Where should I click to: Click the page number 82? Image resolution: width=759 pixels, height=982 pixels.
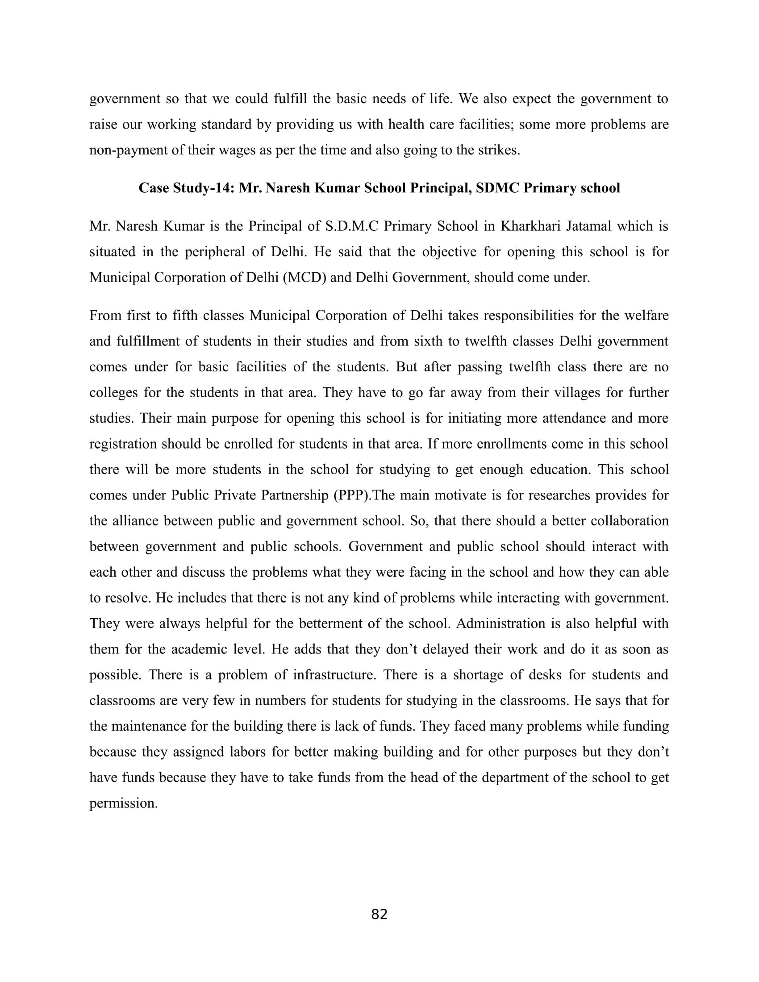(379, 914)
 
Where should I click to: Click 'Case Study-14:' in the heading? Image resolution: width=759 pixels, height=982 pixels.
(186, 187)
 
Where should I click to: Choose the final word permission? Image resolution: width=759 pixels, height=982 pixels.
(124, 803)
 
